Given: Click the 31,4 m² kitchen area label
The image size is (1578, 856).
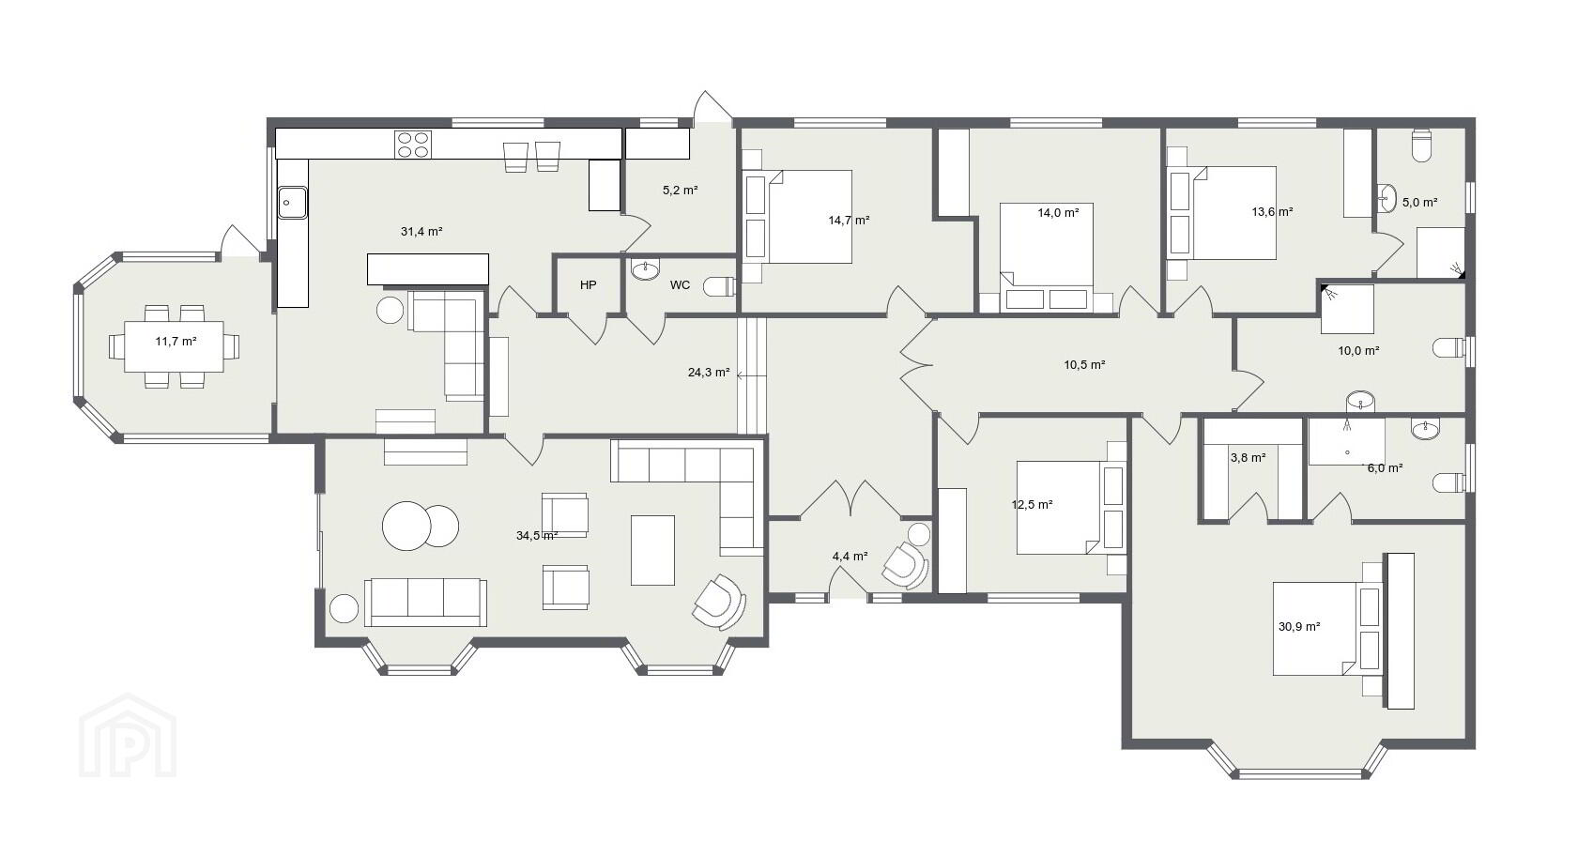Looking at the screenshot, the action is [x=421, y=231].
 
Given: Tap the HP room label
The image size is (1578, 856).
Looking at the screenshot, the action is [x=589, y=284].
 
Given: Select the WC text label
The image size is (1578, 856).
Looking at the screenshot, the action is [x=680, y=284].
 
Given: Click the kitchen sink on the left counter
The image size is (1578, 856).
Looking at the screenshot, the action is [x=292, y=202].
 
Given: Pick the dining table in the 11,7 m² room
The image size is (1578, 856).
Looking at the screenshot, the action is [x=174, y=346].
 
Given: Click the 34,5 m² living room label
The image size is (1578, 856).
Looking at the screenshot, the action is [x=537, y=535].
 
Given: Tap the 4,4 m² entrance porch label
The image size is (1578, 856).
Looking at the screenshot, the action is [x=850, y=556].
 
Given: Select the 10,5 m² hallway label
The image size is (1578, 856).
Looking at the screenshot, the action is [x=1084, y=364].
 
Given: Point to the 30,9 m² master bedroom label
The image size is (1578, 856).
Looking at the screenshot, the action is [x=1299, y=626].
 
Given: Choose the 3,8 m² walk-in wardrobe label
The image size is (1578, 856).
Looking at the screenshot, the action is [x=1249, y=456].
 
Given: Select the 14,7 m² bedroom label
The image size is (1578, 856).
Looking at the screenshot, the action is [x=849, y=220].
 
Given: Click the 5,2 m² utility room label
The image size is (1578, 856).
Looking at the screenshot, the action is [x=680, y=190].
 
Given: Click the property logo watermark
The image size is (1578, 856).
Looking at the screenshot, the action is [x=128, y=735].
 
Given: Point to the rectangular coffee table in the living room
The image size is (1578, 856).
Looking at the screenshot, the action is [x=652, y=550].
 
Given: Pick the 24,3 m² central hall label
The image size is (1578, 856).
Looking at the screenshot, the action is [x=709, y=372].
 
